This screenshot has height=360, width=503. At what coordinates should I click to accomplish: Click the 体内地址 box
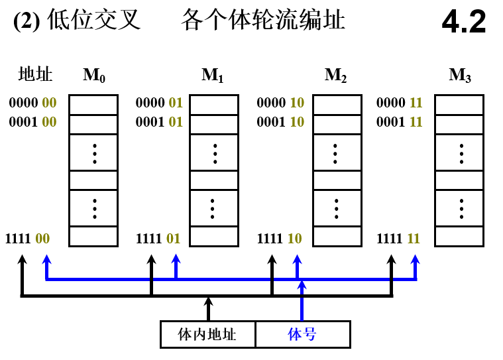coord(207,334)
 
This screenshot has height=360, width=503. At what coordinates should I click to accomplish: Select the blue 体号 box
coord(302,334)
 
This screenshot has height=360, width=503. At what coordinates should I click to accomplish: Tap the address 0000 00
coord(32,103)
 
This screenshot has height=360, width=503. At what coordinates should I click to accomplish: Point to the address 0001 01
coord(159,122)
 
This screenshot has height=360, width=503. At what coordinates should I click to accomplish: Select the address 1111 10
coord(280,239)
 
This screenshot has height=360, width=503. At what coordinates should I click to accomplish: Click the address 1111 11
coord(399,239)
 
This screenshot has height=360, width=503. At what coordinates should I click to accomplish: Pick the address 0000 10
coord(280,103)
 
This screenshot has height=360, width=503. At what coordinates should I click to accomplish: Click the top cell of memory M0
coord(93,105)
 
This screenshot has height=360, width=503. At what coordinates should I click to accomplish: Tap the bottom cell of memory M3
coord(459,237)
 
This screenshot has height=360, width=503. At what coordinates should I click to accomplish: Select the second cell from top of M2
coord(337,124)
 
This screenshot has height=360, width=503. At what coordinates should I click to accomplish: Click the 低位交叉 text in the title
coord(93,21)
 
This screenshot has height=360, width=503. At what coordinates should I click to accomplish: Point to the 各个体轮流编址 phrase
coord(262,21)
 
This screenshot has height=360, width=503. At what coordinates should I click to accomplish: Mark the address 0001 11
coord(399,122)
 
